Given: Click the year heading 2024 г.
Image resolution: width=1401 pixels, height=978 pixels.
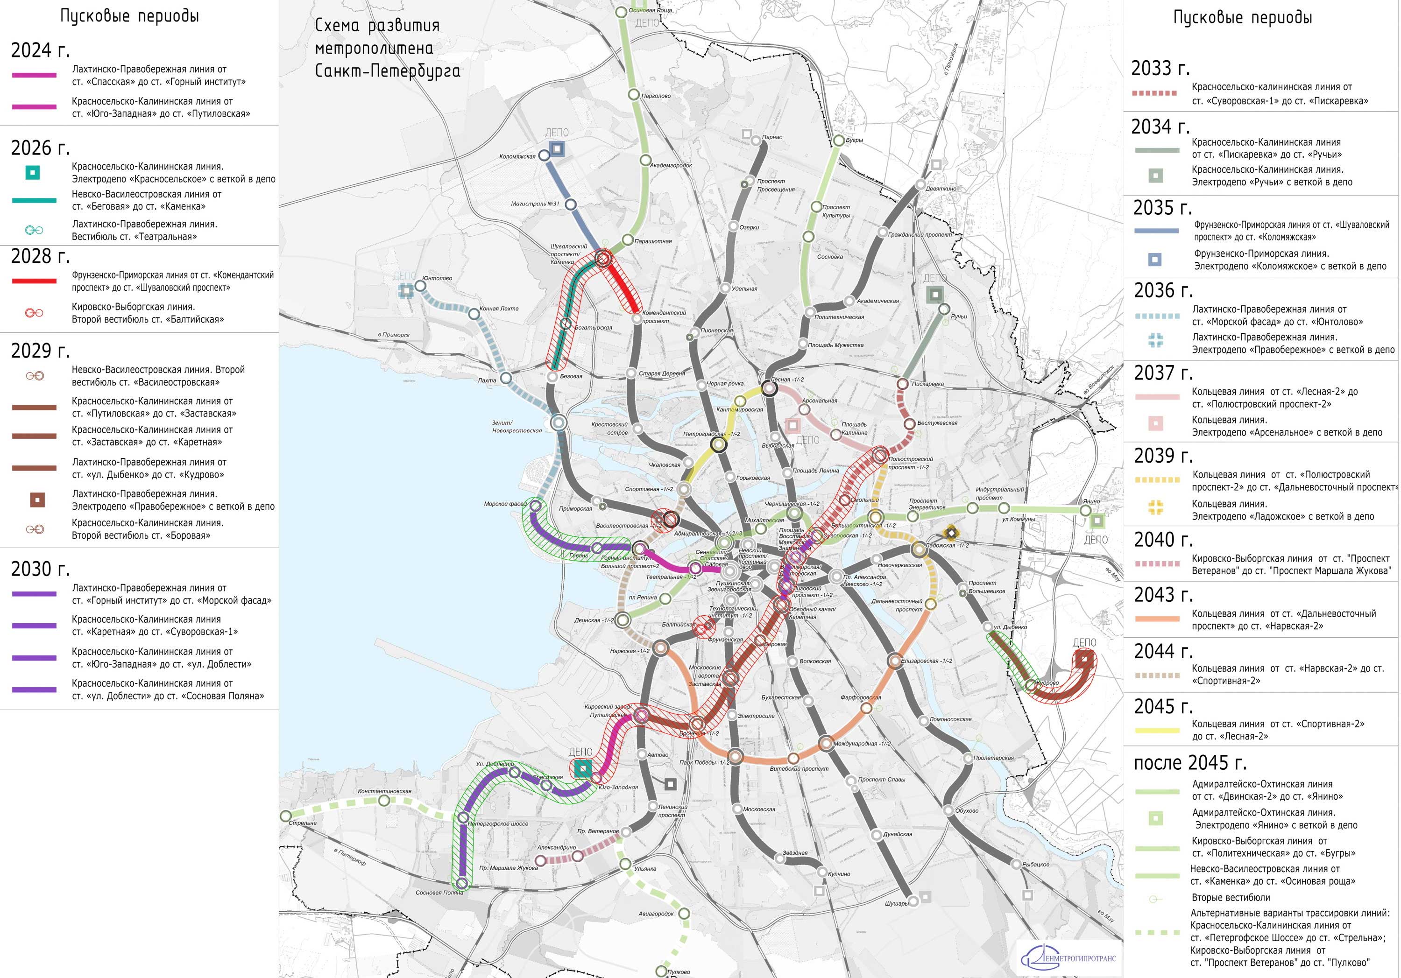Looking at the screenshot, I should coord(40,50).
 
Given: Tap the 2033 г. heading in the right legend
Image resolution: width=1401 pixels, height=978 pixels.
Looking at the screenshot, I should coord(1160,68).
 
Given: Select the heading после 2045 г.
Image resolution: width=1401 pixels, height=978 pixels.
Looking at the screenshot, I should coord(1190,763).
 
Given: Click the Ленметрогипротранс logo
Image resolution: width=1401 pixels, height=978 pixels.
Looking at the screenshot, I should coord(1069,958).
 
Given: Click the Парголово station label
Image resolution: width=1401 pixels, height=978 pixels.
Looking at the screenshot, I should coord(657,96).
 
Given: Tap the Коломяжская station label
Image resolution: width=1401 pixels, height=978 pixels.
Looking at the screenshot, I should coord(517,157).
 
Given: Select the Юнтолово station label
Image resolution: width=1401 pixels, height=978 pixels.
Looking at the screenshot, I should coord(438,278).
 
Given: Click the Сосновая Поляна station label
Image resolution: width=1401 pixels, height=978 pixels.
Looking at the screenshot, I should coord(439,893).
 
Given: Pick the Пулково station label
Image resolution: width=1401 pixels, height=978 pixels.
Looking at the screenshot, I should coord(679,971).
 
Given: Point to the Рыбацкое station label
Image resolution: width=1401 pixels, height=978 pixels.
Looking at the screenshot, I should coord(1036,865).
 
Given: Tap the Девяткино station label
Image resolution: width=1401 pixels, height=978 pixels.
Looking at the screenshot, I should coord(941,189).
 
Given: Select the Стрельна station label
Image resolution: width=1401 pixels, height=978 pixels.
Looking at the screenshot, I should coord(303,823).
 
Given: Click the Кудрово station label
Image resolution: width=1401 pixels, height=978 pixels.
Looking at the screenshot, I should coord(1047,682).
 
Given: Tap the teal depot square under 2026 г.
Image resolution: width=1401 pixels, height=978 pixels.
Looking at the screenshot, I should coord(33,173).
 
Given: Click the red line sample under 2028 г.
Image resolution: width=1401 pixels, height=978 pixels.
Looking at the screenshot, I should coord(34,281).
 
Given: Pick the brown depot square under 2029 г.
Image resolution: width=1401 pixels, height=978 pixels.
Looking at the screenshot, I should coord(37,500).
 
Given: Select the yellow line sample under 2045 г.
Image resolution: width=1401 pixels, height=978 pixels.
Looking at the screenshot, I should coord(1156,730).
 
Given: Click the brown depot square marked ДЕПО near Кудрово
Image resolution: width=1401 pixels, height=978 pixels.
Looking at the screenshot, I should coord(1084,658).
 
